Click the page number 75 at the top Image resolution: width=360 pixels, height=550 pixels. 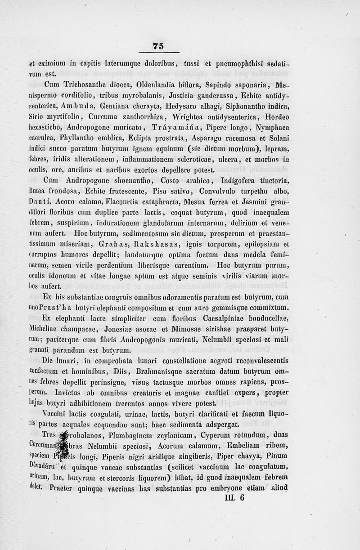[x=158, y=45]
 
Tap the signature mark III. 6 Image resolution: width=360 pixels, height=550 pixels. [x=233, y=497]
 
